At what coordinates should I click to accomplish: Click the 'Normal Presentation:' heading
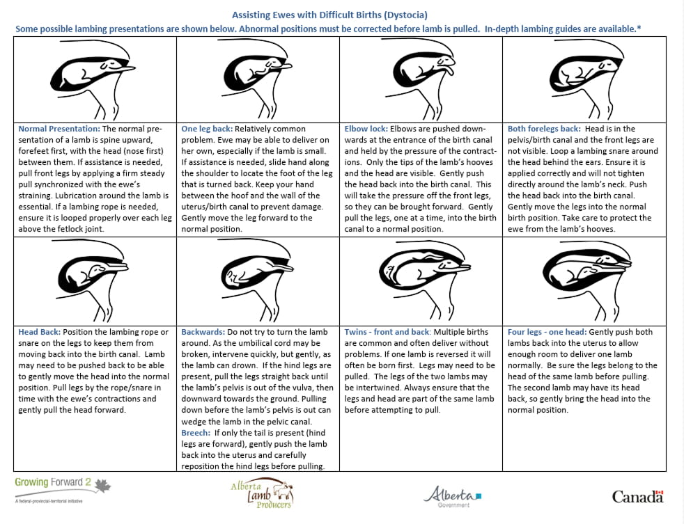(59, 129)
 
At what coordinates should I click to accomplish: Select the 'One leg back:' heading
(207, 129)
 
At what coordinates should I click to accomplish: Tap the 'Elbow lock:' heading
(366, 129)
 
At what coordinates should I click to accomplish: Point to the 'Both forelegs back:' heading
(541, 129)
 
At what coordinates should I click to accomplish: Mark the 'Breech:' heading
(196, 432)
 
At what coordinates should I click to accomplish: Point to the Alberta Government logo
(453, 495)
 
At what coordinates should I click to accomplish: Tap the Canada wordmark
(637, 496)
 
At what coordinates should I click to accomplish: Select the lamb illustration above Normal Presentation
(95, 80)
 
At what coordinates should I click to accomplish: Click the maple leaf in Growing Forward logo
(102, 485)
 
